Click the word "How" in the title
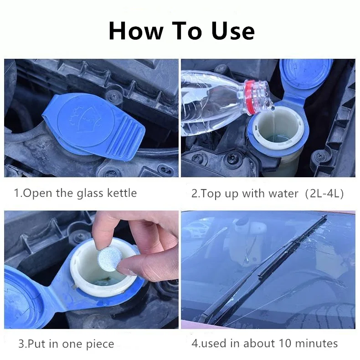136,31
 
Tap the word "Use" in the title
233,31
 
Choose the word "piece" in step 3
100,344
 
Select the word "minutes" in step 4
316,343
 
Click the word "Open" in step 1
37,193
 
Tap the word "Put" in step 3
37,344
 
